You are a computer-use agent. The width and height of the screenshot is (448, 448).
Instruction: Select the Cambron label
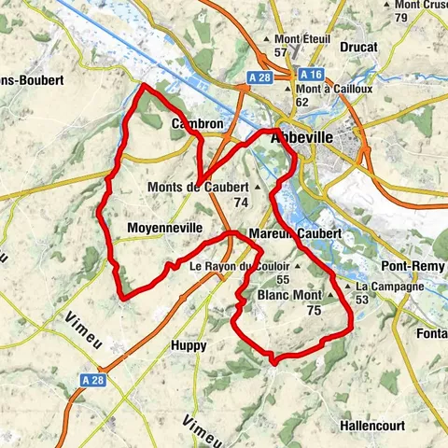tap(197, 123)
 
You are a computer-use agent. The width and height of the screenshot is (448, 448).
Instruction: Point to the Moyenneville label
tap(161, 227)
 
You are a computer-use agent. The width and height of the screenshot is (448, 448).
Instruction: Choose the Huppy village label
tap(190, 345)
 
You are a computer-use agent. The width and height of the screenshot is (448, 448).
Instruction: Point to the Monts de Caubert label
tap(198, 187)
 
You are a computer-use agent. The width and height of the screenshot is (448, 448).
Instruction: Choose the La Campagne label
tap(389, 286)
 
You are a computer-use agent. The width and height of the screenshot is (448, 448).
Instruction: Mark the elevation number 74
tap(242, 202)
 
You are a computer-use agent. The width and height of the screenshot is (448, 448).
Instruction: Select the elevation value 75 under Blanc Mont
tap(314, 311)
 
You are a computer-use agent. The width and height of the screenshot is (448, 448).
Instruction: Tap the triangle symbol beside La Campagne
tap(348, 286)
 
